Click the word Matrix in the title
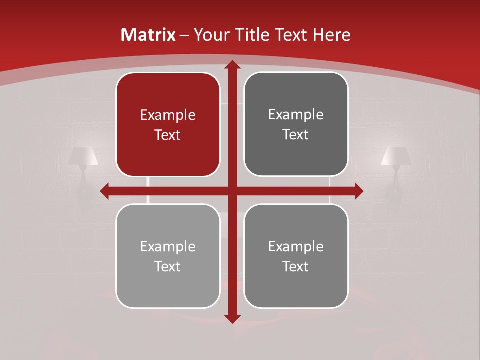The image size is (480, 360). pos(148,35)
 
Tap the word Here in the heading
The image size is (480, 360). pos(331,35)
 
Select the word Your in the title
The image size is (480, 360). pos(211,35)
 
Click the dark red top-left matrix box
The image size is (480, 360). pos(168,124)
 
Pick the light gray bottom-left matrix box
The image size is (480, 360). pos(168,256)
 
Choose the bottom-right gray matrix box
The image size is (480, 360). pos(296,256)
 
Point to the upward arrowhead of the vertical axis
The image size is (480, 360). pos(232,64)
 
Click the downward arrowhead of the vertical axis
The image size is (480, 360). pos(232,318)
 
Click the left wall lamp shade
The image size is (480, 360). pos(83,156)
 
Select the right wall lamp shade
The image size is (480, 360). pos(395,156)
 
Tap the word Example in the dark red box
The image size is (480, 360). pos(168,115)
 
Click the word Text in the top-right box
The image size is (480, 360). pos(296,134)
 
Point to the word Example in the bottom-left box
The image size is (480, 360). pos(168,246)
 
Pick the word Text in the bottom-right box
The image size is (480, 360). pos(296,266)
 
